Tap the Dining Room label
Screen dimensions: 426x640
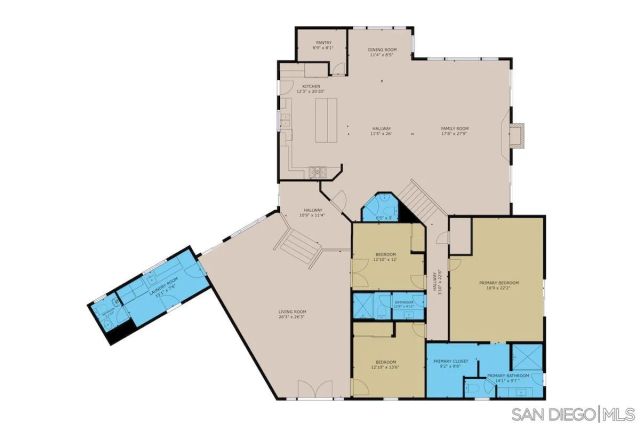click(x=381, y=51)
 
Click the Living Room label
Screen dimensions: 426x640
click(x=292, y=315)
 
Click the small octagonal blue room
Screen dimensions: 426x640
click(x=380, y=209)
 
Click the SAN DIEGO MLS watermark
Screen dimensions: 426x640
click(x=573, y=413)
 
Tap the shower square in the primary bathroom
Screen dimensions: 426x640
click(x=524, y=356)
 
